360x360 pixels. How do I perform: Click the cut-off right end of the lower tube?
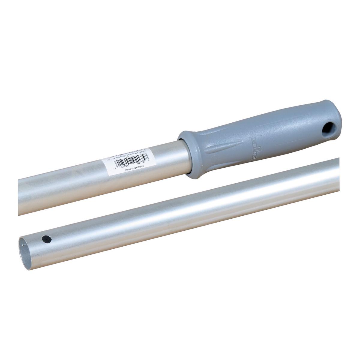337,174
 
